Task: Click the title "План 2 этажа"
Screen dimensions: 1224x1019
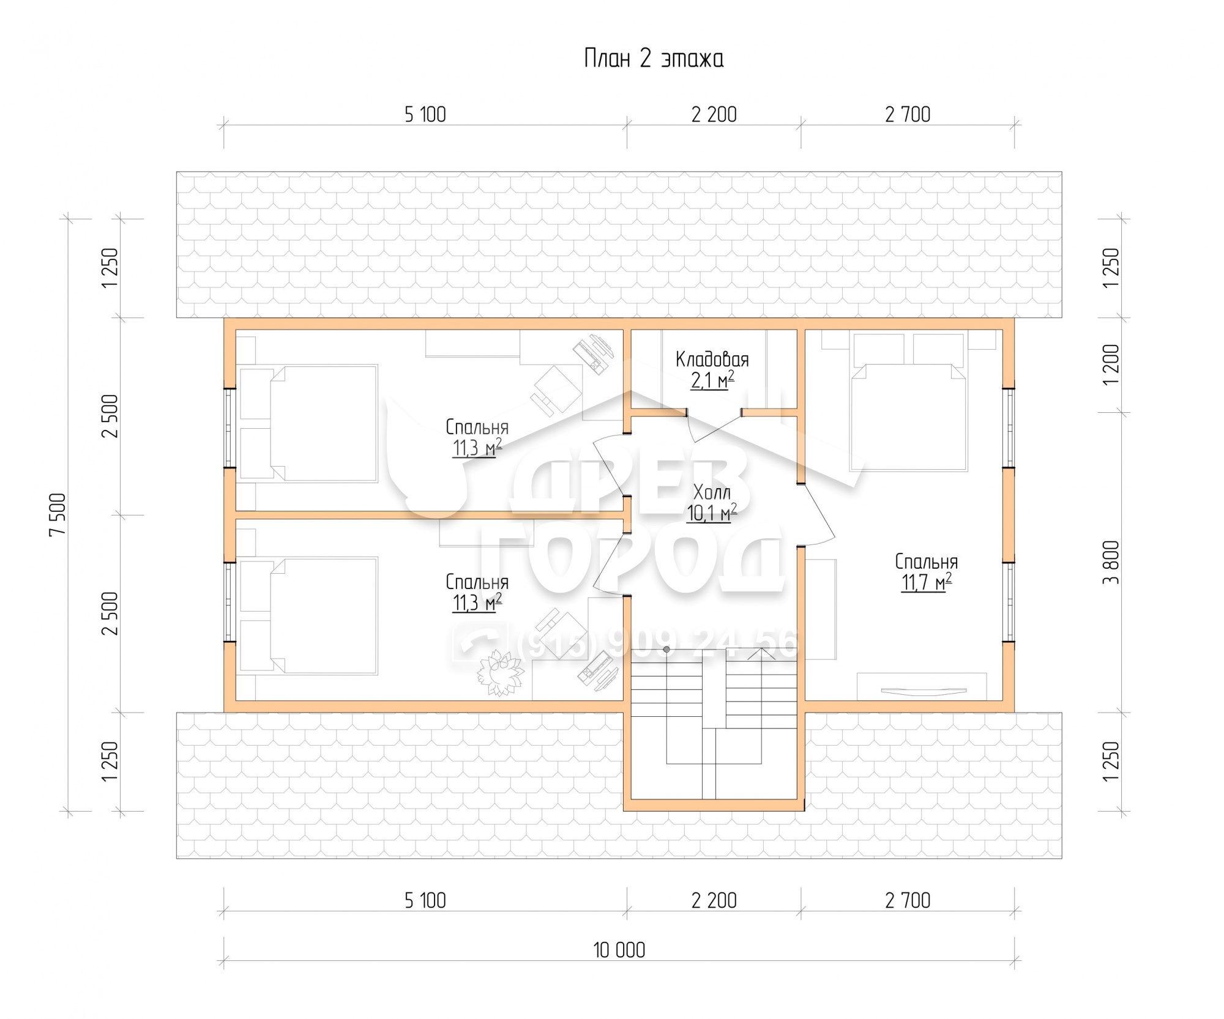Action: pyautogui.click(x=654, y=59)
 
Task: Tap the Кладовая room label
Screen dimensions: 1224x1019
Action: pyautogui.click(x=712, y=359)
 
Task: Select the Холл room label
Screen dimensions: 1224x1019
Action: pyautogui.click(x=712, y=492)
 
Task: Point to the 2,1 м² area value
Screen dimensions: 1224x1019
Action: pyautogui.click(x=712, y=380)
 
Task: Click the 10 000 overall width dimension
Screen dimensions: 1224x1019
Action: pyautogui.click(x=619, y=950)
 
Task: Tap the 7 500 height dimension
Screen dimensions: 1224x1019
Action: pyautogui.click(x=58, y=514)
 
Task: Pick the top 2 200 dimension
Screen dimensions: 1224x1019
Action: pyautogui.click(x=714, y=114)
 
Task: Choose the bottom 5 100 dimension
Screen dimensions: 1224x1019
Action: pyautogui.click(x=425, y=900)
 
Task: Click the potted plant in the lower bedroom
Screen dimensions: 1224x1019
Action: pyautogui.click(x=501, y=673)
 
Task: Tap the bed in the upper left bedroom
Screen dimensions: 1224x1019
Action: pyautogui.click(x=308, y=423)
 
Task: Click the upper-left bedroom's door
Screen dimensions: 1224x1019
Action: pyautogui.click(x=608, y=465)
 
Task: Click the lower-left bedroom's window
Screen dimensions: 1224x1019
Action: pyautogui.click(x=229, y=602)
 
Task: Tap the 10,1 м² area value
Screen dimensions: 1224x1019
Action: pyautogui.click(x=712, y=513)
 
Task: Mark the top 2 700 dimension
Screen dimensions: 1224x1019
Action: pyautogui.click(x=908, y=114)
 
